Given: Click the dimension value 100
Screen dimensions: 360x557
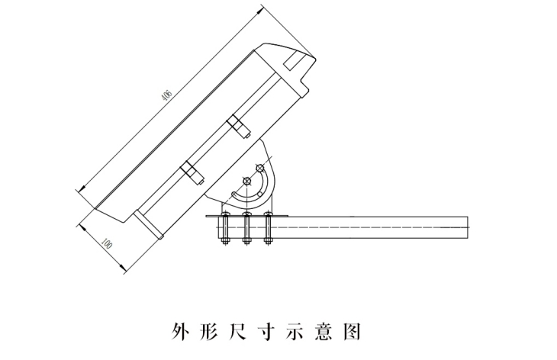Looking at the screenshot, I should click(x=106, y=246).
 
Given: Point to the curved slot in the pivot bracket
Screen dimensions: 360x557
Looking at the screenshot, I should click(x=260, y=190).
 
